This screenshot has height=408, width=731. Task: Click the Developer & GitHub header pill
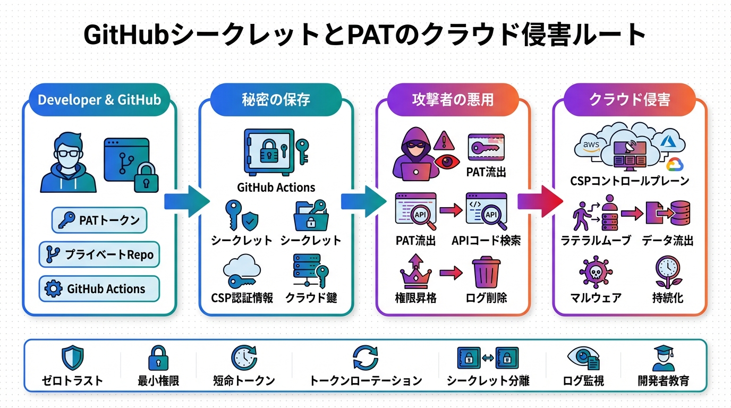click(99, 100)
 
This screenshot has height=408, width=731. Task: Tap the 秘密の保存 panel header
click(276, 100)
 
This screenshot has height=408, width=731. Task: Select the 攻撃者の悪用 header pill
click(453, 100)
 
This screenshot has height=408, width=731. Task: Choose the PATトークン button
click(99, 220)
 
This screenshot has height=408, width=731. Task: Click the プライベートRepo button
click(99, 254)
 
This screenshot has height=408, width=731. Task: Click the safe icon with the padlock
click(268, 152)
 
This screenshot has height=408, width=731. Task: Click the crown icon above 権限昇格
click(415, 272)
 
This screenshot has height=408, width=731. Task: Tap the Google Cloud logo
click(674, 164)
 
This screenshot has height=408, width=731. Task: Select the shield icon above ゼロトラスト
click(72, 358)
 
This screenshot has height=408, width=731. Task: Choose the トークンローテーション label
click(365, 381)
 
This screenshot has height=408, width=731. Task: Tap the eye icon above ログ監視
click(582, 358)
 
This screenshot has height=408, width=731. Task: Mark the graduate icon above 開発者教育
click(663, 358)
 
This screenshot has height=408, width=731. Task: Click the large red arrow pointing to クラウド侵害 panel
click(540, 201)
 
